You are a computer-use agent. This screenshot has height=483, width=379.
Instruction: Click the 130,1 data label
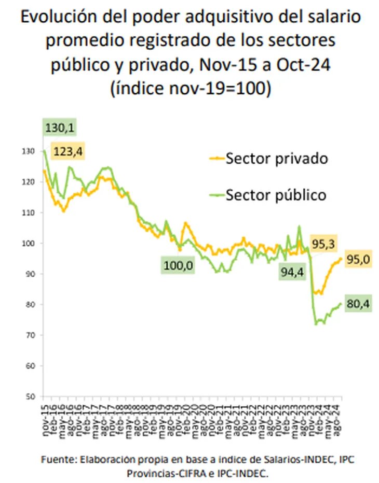tap(60, 127)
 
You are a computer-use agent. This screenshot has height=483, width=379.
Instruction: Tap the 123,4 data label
tap(68, 151)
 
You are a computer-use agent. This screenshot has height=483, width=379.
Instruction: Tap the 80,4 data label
tap(358, 305)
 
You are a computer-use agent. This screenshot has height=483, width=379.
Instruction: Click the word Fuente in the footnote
tap(56, 460)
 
